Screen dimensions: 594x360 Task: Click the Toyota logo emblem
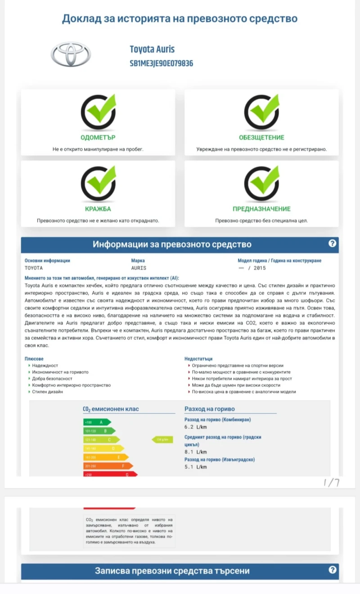pos(71,55)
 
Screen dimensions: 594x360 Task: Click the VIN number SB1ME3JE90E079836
pos(161,63)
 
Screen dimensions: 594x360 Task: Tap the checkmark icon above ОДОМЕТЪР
pos(98,111)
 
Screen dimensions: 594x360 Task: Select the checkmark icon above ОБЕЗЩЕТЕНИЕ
pos(261,111)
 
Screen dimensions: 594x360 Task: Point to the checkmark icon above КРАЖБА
pos(98,183)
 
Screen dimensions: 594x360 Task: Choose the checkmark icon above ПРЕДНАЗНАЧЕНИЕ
pos(261,183)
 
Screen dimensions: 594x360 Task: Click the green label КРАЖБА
pos(98,209)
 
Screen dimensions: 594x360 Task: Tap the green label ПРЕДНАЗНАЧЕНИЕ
pos(261,209)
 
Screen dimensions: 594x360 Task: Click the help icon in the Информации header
pos(332,243)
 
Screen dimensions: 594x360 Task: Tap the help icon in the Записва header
pos(332,570)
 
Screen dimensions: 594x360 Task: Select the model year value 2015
pos(260,268)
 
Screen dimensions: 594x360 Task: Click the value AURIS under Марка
pos(139,268)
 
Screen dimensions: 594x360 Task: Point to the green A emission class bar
pos(97,422)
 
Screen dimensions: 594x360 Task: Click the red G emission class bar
pos(110,474)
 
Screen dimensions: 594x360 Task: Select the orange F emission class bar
pos(108,466)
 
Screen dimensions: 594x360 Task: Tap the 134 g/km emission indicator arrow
pos(162,439)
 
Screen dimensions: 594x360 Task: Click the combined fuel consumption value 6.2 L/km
pos(195,427)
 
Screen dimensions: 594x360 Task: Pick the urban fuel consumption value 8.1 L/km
pos(195,452)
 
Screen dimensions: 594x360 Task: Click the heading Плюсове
pos(34,359)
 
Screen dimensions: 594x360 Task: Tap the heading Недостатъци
pos(198,359)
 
